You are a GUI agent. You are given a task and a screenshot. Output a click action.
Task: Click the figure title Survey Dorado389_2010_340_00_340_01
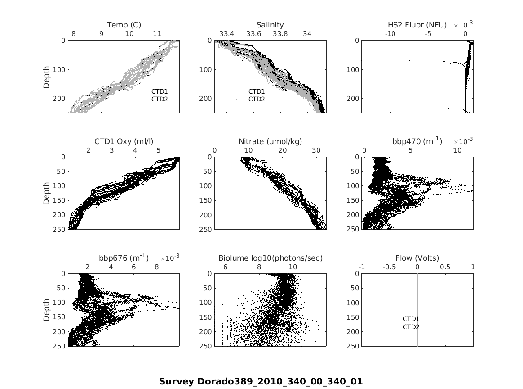click(261, 381)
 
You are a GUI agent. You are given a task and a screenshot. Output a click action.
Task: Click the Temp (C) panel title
click(124, 25)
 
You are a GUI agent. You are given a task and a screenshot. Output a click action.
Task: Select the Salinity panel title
click(270, 25)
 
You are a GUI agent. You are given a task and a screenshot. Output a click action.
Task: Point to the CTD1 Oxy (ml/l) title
click(124, 141)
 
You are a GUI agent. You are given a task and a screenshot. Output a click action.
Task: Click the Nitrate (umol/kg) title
click(270, 141)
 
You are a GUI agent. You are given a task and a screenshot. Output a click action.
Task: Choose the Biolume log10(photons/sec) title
click(270, 258)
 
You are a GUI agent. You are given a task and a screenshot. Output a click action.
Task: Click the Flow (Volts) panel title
click(417, 258)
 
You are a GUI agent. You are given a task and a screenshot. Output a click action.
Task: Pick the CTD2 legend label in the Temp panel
click(160, 99)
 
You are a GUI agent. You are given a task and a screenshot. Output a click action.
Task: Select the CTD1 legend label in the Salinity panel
click(257, 91)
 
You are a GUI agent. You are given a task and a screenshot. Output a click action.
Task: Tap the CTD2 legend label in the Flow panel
click(411, 327)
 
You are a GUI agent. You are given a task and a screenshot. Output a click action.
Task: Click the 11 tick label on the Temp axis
click(157, 34)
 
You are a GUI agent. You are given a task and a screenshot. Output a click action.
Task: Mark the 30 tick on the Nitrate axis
click(316, 150)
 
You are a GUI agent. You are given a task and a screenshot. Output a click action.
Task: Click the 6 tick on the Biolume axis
click(225, 267)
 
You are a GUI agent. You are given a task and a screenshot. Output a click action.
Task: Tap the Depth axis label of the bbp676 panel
click(47, 310)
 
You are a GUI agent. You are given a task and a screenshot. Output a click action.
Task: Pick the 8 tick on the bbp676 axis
click(157, 267)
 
